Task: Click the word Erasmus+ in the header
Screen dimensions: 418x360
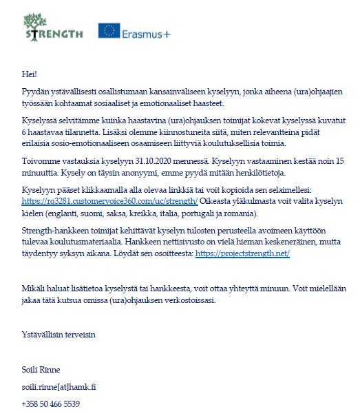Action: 145,32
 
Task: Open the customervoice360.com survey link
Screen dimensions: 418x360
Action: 110,201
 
